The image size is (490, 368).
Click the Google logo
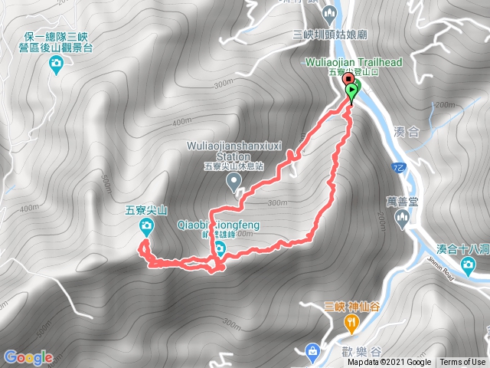(x=28, y=357)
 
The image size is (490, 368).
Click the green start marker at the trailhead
(x=352, y=91)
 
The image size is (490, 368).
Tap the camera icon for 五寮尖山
(x=147, y=225)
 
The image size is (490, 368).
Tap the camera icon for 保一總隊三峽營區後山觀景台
(x=55, y=68)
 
